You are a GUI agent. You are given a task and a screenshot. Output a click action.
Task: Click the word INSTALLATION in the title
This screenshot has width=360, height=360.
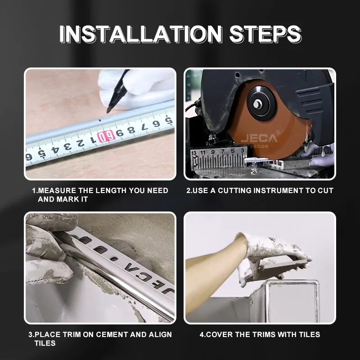coord(141,34)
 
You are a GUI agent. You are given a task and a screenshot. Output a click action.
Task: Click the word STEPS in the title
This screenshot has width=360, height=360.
coord(265,34)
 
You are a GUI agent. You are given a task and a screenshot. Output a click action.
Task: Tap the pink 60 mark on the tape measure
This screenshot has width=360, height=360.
coord(106,136)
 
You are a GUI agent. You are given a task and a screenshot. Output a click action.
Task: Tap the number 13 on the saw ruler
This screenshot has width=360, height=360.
coord(194,153)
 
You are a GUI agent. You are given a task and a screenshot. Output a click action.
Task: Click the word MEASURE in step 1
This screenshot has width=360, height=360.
coord(57,190)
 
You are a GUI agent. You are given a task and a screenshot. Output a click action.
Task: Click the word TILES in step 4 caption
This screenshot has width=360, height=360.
coord(309,334)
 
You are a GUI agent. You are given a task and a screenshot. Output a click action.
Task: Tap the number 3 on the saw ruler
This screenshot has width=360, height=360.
coord(243,150)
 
